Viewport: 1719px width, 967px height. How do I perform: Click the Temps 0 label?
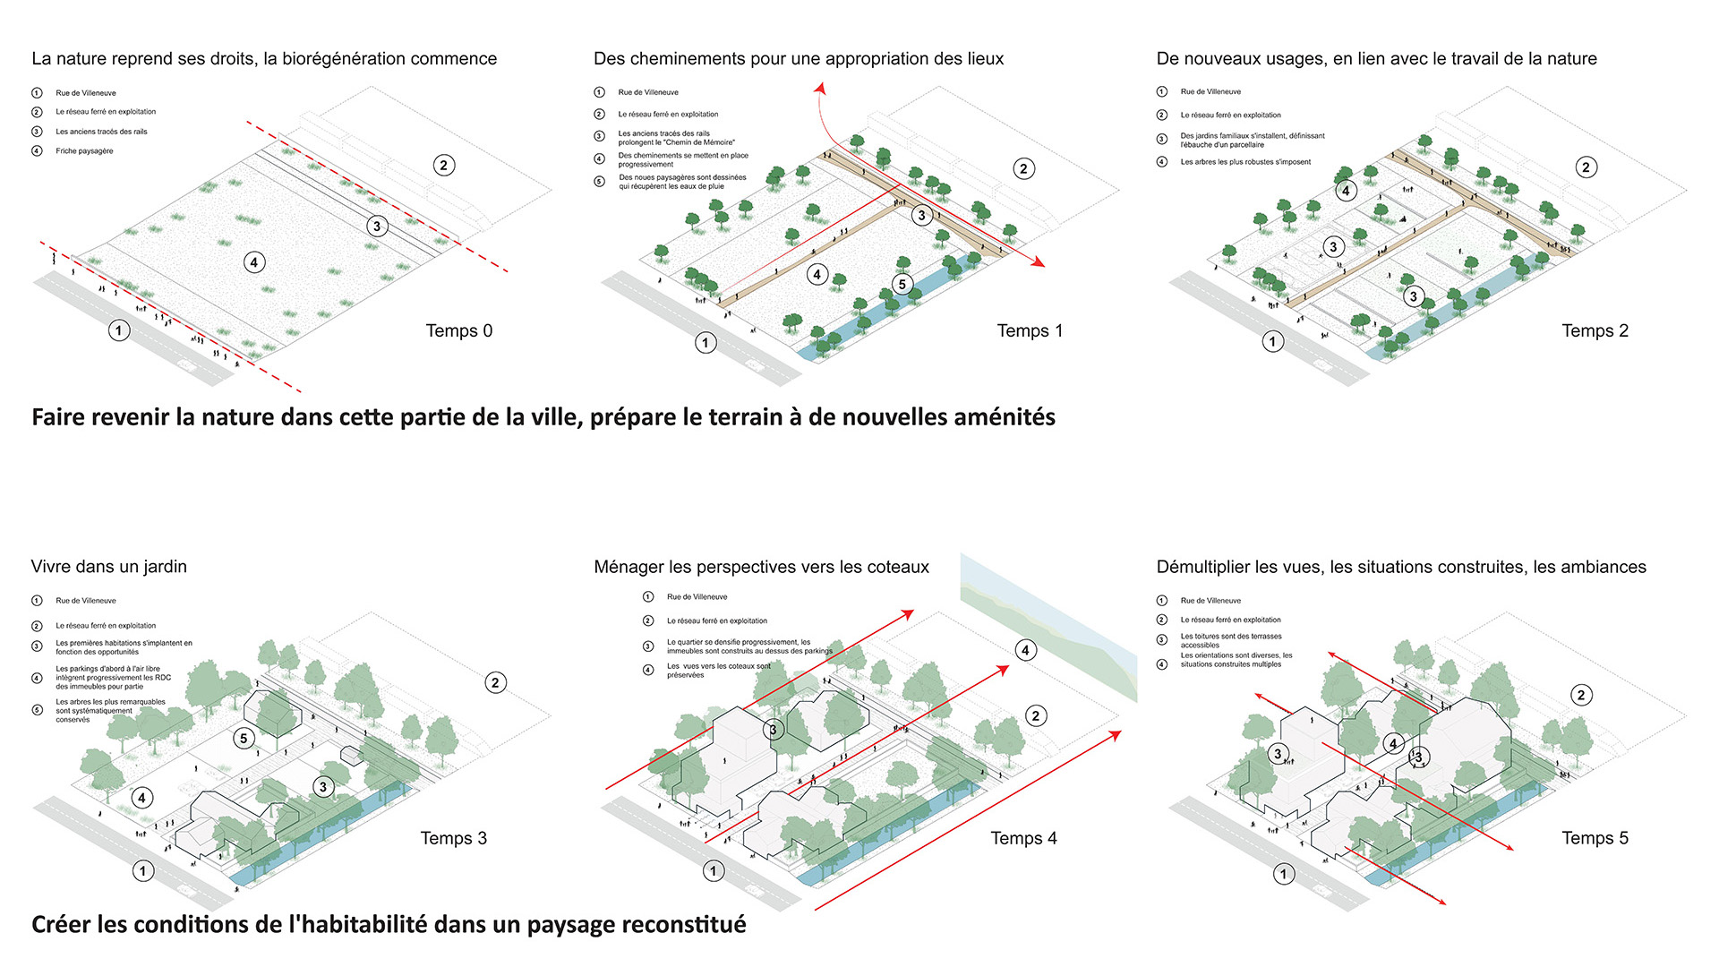[x=458, y=330]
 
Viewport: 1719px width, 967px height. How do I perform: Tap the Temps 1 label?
[x=1030, y=330]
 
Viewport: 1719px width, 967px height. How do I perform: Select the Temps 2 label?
[x=1595, y=330]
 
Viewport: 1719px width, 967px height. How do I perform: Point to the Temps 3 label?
[x=453, y=838]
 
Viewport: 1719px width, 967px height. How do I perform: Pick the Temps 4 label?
[x=1023, y=838]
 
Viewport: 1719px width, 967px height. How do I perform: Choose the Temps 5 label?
[x=1595, y=838]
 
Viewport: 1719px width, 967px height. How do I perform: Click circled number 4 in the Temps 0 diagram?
[x=254, y=262]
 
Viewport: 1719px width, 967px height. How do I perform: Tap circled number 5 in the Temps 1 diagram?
[x=902, y=285]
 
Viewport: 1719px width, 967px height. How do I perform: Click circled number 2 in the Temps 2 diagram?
[x=1586, y=167]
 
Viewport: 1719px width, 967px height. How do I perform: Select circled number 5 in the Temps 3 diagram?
[x=244, y=739]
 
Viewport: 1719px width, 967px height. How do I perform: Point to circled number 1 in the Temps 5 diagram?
[x=1284, y=874]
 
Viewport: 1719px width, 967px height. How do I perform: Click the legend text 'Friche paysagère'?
[x=84, y=151]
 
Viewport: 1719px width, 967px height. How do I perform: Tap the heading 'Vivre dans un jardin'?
[x=108, y=567]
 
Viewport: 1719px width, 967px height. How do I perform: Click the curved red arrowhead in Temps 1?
[x=819, y=88]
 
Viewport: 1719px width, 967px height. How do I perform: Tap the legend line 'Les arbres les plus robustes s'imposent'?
[x=1244, y=162]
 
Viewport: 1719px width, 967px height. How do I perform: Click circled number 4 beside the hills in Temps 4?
[x=1025, y=650]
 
